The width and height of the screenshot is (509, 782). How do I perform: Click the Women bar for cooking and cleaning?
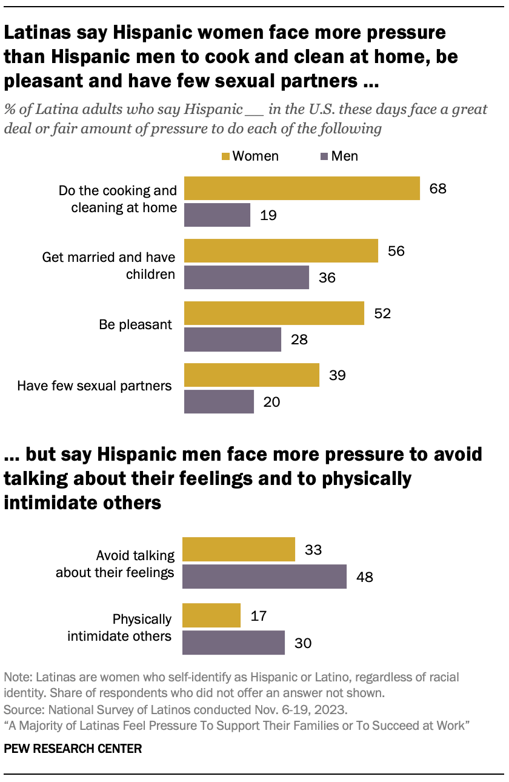pyautogui.click(x=302, y=189)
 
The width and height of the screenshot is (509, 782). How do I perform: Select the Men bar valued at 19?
pyautogui.click(x=217, y=215)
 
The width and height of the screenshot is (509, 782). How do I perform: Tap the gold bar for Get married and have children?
pyautogui.click(x=281, y=251)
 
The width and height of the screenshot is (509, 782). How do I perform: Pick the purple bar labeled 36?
pyautogui.click(x=246, y=277)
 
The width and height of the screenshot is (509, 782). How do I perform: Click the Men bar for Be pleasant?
pyautogui.click(x=232, y=339)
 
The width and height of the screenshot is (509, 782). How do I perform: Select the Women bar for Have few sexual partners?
pyautogui.click(x=251, y=375)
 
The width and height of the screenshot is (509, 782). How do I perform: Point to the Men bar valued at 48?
pyautogui.click(x=264, y=576)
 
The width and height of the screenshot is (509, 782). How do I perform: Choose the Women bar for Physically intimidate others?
pyautogui.click(x=211, y=616)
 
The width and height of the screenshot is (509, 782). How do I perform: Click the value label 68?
pyautogui.click(x=437, y=189)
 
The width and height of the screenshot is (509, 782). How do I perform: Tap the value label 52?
pyautogui.click(x=382, y=313)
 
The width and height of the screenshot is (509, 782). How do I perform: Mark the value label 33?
pyautogui.click(x=313, y=550)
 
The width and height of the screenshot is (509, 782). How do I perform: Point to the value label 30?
pyautogui.click(x=303, y=643)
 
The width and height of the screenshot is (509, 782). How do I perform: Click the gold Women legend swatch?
pyautogui.click(x=225, y=156)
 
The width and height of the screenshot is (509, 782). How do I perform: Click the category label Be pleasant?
pyautogui.click(x=136, y=325)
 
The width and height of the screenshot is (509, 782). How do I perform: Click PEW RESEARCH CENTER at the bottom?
pyautogui.click(x=73, y=749)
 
